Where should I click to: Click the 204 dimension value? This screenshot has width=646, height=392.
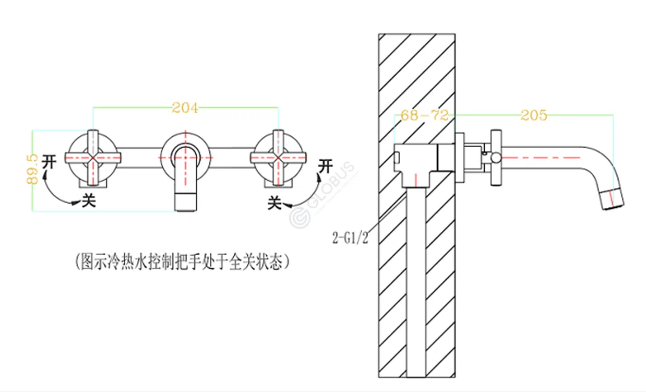point(185,108)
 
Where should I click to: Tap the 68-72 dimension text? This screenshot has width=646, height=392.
point(424,115)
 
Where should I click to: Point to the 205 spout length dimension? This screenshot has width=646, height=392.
point(533,115)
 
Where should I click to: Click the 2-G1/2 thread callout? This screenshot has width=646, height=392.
point(350,238)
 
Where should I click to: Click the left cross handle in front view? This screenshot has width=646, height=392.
point(93,157)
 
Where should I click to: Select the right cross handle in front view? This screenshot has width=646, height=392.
point(279,157)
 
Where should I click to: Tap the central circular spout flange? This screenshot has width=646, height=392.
point(186,156)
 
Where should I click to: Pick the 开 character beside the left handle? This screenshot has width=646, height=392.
point(49,161)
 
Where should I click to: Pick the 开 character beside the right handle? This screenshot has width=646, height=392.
point(326,166)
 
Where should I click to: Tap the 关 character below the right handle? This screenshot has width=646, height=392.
point(275,202)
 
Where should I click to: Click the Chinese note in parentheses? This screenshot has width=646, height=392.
point(182,261)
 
